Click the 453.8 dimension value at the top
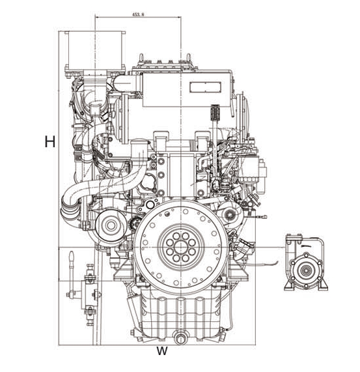(x=138, y=14)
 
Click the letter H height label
(x=50, y=141)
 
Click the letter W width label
(x=162, y=351)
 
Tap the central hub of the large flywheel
(x=181, y=247)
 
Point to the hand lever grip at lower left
(x=72, y=257)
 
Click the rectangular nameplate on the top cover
(x=205, y=87)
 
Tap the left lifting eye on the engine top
(x=141, y=57)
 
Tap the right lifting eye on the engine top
(x=188, y=57)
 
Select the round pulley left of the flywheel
(x=111, y=225)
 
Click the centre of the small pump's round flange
(x=306, y=270)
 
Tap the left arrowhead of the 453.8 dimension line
(x=97, y=17)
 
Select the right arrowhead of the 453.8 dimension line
(x=179, y=17)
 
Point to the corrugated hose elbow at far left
(x=69, y=208)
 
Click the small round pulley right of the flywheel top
(x=229, y=214)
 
